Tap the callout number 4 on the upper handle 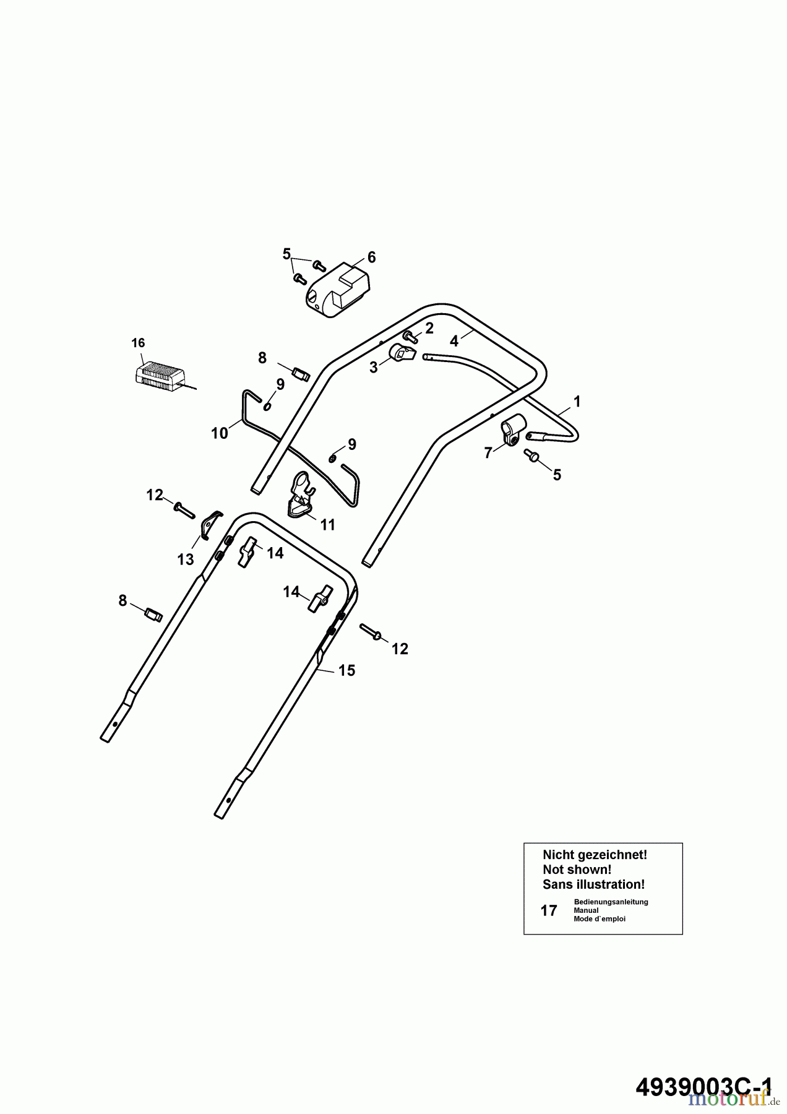pos(454,341)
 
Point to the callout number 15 pos(347,670)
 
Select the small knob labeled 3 pos(401,354)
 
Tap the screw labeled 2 pos(409,335)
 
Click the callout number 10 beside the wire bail pos(220,433)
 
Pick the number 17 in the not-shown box pos(549,910)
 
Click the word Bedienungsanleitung pos(611,902)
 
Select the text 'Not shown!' pos(577,870)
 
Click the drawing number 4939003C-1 pos(704,1082)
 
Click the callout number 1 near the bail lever pos(577,402)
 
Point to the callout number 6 pos(371,257)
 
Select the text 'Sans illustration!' pos(593,884)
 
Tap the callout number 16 pos(138,343)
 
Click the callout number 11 pos(327,525)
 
